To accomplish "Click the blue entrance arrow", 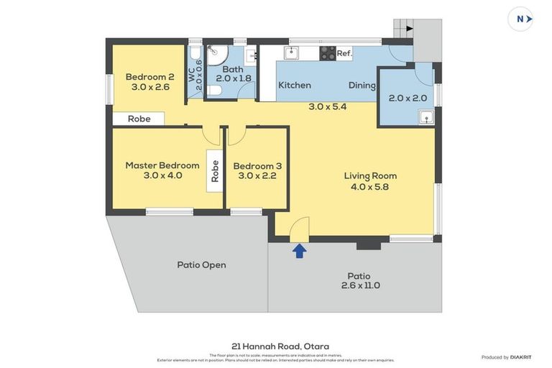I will tap(299, 250).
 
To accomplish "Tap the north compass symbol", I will tap(520, 19).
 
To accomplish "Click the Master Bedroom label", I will tap(162, 165).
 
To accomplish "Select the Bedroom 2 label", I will tap(150, 78).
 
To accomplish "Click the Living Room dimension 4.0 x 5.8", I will tap(369, 187).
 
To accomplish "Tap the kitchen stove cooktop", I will tap(327, 53).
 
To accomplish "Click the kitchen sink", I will tap(291, 52).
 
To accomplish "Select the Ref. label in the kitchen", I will tap(344, 53).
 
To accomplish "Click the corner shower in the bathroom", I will tap(216, 55).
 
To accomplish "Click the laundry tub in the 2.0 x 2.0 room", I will tap(426, 116).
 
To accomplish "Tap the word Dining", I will tap(362, 86).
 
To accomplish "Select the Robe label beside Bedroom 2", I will tap(139, 119).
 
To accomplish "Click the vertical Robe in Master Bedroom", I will tap(215, 170).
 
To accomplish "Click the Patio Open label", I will tap(201, 264).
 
